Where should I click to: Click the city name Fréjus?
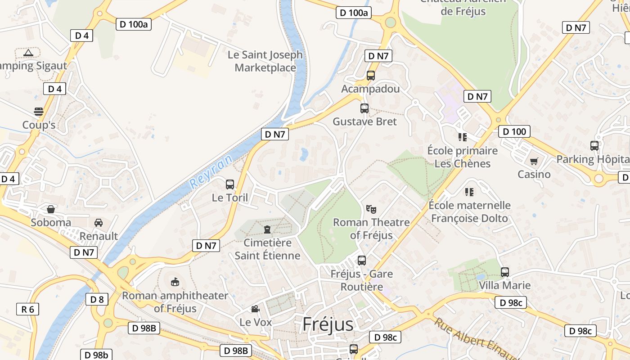click(x=328, y=324)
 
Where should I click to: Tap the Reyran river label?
click(x=211, y=171)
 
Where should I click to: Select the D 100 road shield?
click(x=514, y=132)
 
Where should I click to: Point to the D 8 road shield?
click(x=97, y=299)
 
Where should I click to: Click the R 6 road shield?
click(x=27, y=309)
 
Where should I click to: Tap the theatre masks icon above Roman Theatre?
click(x=371, y=209)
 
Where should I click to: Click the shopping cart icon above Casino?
click(x=534, y=161)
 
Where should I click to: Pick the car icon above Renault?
click(x=99, y=222)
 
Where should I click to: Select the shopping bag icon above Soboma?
click(x=51, y=209)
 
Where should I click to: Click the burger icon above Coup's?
click(x=39, y=111)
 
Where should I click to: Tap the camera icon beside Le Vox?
click(x=255, y=309)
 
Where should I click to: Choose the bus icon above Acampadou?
click(x=371, y=76)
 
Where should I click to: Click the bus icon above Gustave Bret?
click(x=364, y=108)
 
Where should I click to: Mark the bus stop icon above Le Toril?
click(x=230, y=184)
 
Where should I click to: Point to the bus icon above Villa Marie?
click(x=505, y=272)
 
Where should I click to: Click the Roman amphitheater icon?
click(x=175, y=282)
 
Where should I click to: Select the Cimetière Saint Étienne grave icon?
click(x=267, y=229)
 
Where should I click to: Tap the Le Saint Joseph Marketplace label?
click(x=265, y=61)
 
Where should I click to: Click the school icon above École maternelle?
click(x=469, y=192)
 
